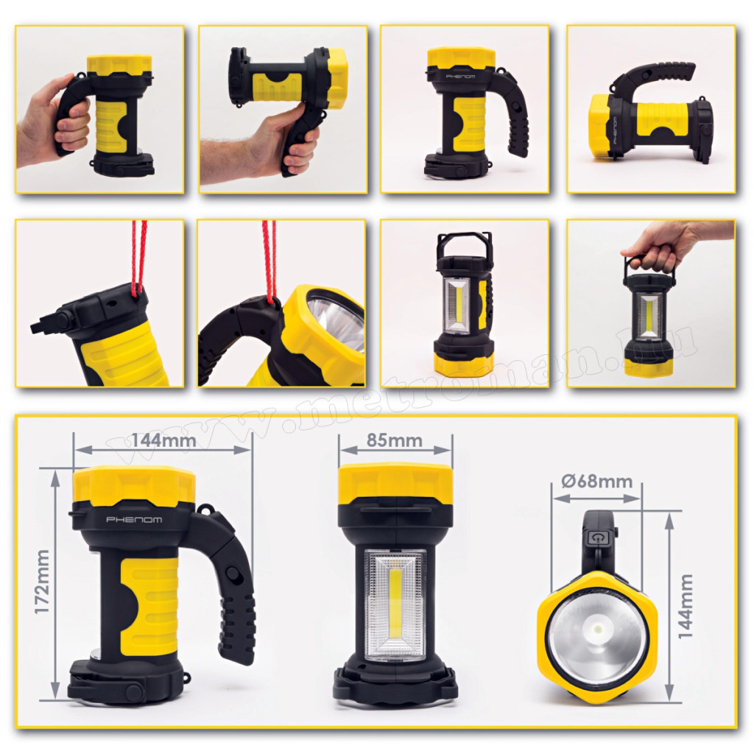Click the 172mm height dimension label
(43, 581)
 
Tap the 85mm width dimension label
(395, 440)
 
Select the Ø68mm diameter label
(596, 482)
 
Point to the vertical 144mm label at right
(686, 606)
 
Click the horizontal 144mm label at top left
(164, 440)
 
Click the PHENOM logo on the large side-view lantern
(134, 520)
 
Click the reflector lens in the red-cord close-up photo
(337, 326)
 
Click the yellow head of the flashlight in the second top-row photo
(334, 80)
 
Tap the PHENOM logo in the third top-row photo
(461, 77)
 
